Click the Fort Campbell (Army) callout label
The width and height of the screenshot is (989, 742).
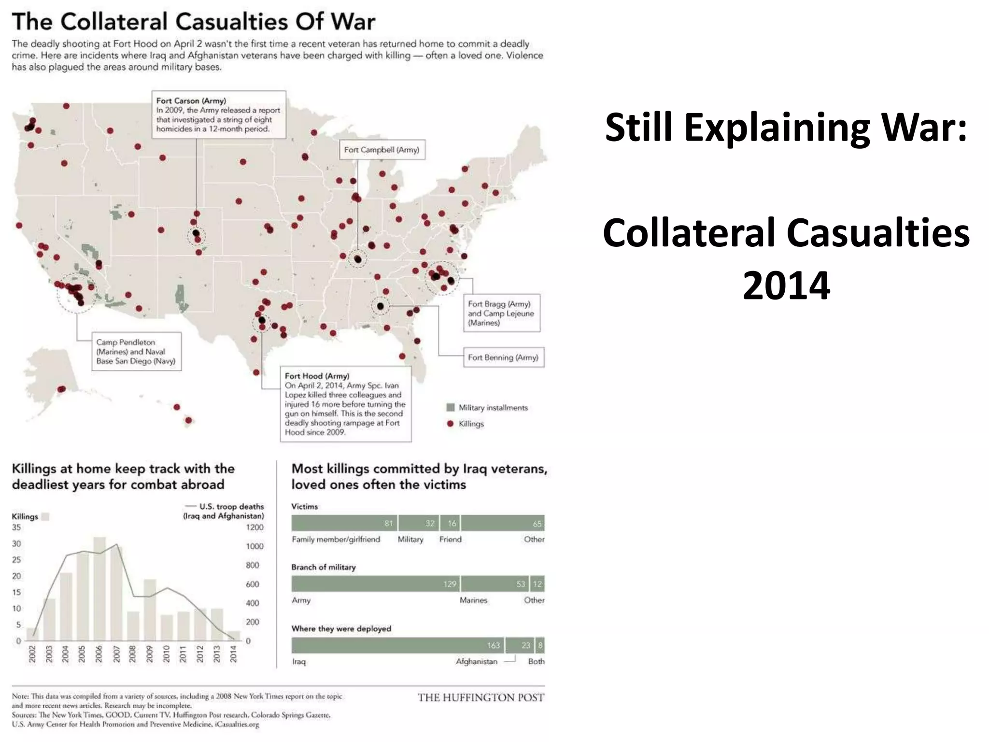pyautogui.click(x=381, y=150)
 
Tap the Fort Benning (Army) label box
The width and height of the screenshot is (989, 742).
pyautogui.click(x=503, y=357)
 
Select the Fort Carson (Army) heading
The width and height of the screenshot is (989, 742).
pyautogui.click(x=191, y=100)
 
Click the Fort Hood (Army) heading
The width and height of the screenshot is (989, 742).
pyautogui.click(x=317, y=376)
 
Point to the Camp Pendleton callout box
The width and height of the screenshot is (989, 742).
pyautogui.click(x=136, y=352)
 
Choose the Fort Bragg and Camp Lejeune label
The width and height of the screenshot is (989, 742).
pyautogui.click(x=501, y=313)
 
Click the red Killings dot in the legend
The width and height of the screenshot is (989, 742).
pyautogui.click(x=451, y=424)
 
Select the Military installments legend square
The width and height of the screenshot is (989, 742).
pyautogui.click(x=451, y=408)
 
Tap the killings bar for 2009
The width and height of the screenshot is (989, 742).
pyautogui.click(x=150, y=610)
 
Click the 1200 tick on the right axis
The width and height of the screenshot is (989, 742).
pyautogui.click(x=254, y=528)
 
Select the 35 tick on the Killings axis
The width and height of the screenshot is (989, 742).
pyautogui.click(x=16, y=528)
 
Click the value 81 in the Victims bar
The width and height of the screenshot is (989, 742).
pyautogui.click(x=389, y=523)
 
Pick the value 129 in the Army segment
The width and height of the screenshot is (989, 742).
pyautogui.click(x=450, y=584)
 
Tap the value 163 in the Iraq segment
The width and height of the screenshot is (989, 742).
pyautogui.click(x=493, y=645)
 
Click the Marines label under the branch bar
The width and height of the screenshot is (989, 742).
pyautogui.click(x=473, y=600)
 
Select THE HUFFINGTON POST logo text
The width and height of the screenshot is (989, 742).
pyautogui.click(x=481, y=698)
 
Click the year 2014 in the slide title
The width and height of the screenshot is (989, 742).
pyautogui.click(x=786, y=285)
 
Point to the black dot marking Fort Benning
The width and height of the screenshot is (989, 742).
pyautogui.click(x=381, y=306)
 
